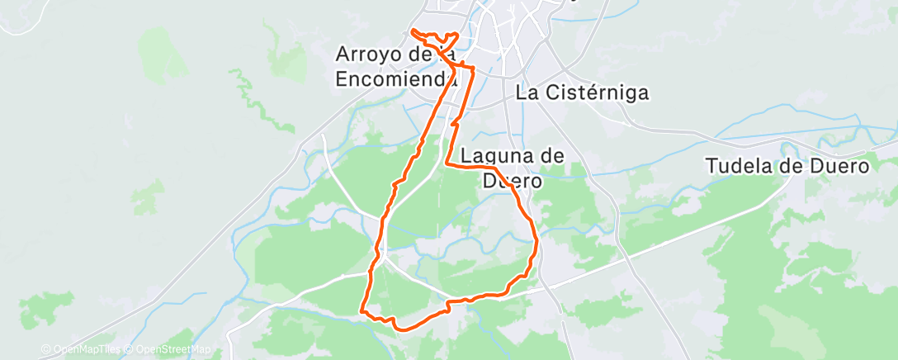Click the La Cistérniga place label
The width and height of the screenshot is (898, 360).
click(583, 92)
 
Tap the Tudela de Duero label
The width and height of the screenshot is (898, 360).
click(789, 166)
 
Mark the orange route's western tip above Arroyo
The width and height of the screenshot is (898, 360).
click(411, 31)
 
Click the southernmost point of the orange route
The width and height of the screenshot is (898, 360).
click(402, 329)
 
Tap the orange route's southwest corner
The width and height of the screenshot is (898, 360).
click(362, 311)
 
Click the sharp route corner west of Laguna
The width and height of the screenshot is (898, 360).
click(447, 164)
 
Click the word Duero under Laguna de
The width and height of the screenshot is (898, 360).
click(512, 180)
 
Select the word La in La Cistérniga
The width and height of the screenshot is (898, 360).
click(527, 92)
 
